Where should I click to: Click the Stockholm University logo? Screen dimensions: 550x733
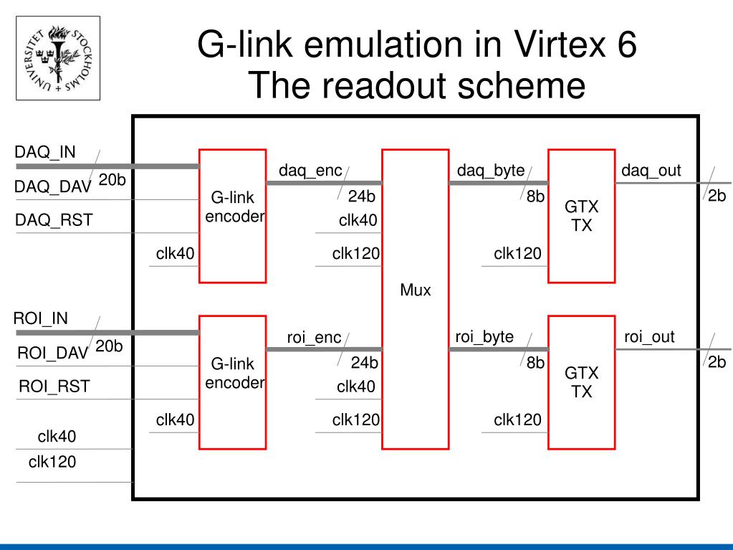pos(58,58)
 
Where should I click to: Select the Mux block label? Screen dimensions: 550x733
pos(416,290)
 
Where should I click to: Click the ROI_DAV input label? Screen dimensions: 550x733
pos(52,354)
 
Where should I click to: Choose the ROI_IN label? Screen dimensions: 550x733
pos(41,318)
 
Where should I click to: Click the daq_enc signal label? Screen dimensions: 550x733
pos(310,171)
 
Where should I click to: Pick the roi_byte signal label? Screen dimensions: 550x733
pos(484,336)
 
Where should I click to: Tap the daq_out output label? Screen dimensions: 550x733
pos(651,171)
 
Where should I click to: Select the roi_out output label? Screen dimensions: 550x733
pos(649,336)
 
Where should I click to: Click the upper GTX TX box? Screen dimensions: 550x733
pos(581,216)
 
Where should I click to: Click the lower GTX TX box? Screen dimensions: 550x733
pos(581,382)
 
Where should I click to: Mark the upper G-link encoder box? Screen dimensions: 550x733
pos(232,216)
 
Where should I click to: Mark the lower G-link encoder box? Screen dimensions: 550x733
pos(232,382)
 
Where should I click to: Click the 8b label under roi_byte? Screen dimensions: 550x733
pos(535,364)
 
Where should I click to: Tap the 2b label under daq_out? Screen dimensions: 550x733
pos(717,196)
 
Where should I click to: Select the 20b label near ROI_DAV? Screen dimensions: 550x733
pos(110,347)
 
